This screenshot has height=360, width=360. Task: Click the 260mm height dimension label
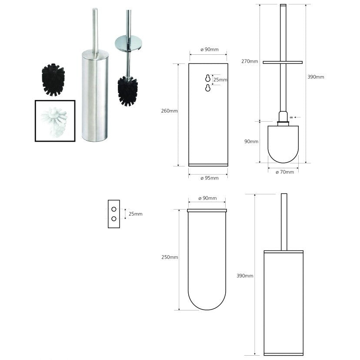169,111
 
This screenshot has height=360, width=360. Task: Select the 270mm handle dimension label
250,61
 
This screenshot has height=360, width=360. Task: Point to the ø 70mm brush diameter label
285,172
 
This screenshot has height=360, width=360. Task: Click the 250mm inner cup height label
169,257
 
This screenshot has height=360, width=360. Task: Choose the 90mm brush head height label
251,142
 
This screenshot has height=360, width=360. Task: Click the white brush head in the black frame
55,120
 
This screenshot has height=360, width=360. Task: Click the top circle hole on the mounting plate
114,208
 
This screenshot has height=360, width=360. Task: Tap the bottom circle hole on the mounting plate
114,219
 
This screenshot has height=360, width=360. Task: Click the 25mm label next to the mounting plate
135,214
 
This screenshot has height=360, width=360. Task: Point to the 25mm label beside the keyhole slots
220,80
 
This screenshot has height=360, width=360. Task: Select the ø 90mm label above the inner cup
207,198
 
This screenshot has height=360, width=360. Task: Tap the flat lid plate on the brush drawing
283,62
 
